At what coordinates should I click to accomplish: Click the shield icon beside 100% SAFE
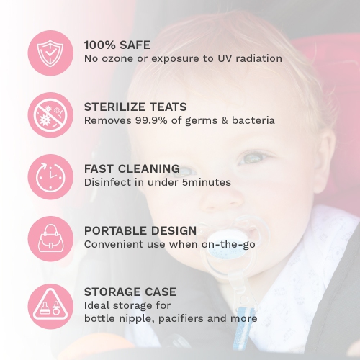pos(50,50)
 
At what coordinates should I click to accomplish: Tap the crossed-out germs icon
pos(50,113)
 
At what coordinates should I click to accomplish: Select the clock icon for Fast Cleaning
pos(50,176)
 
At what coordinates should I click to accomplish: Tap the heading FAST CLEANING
pos(131,168)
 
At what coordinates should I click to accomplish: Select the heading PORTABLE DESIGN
pos(140,230)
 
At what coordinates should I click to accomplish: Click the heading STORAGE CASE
pos(130,292)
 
